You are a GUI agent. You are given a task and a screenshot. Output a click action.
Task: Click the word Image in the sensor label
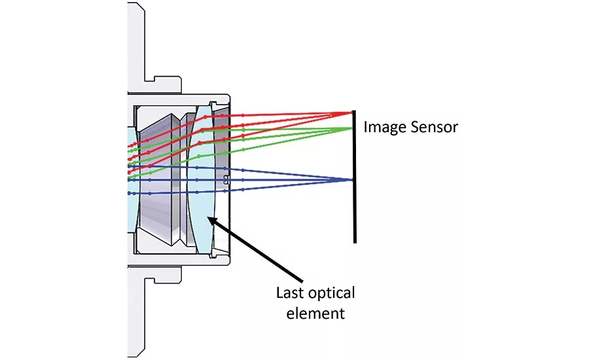point(384,127)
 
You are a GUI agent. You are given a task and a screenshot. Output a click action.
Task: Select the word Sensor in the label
point(433,127)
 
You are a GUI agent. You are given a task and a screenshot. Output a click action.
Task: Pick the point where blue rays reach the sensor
point(353,179)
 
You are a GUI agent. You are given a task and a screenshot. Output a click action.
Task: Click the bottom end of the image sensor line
point(355,242)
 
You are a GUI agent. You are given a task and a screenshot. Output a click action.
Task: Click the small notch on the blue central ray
point(226,179)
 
